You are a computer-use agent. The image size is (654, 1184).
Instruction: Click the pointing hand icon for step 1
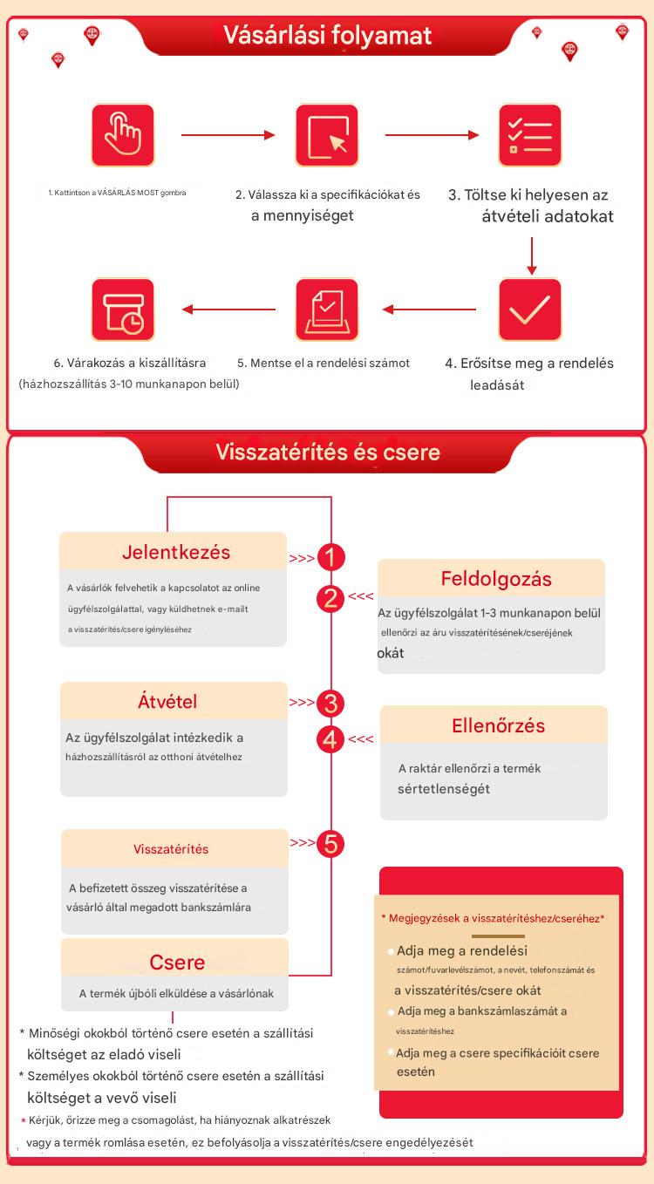123,135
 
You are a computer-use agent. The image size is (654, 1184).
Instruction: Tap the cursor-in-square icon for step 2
327,135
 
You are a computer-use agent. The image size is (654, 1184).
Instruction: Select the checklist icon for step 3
530,135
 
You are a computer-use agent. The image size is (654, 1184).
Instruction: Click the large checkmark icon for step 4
530,310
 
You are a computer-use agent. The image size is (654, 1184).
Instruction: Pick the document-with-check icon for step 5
327,310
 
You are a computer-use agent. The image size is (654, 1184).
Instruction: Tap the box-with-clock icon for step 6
123,310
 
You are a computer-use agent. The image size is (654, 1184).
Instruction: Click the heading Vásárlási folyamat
327,36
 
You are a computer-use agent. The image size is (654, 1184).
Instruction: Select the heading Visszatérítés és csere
327,453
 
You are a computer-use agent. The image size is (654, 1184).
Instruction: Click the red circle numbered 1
331,556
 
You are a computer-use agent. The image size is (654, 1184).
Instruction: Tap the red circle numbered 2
331,598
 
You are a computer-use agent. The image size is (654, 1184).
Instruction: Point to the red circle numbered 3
331,703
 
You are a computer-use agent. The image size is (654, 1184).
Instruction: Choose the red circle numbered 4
331,739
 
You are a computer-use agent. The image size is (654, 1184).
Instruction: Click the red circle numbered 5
331,843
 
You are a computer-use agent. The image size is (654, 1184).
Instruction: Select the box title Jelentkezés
176,552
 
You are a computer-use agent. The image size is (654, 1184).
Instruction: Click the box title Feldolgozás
495,579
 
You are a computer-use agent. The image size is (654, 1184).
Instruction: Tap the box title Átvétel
167,701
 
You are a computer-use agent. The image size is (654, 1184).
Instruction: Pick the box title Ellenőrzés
498,725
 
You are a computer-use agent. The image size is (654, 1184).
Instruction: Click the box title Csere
177,962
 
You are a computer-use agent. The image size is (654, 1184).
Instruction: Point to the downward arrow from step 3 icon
531,255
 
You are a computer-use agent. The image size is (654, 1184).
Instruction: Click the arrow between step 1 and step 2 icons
228,135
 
